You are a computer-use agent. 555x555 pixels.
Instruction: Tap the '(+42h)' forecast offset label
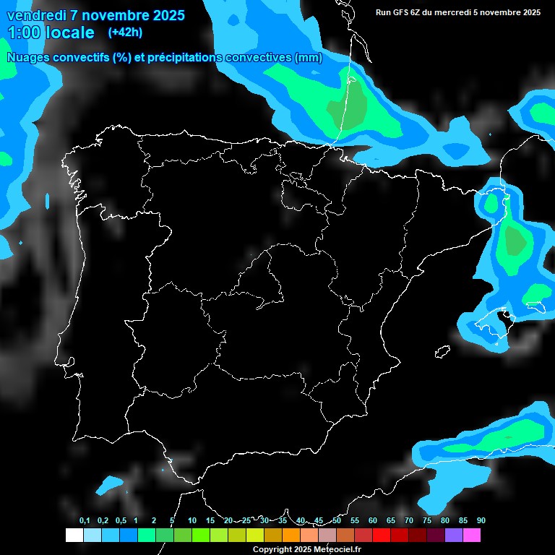[x=125, y=32]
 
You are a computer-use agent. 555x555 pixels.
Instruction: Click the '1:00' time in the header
[x=25, y=33]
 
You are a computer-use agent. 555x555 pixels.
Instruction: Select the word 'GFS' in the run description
[x=403, y=12]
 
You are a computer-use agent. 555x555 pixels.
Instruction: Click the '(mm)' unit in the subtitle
[x=309, y=58]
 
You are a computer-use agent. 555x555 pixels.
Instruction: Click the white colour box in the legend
[x=74, y=535]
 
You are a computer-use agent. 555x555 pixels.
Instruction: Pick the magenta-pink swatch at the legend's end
[x=472, y=535]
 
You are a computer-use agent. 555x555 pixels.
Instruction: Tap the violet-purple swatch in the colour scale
[x=454, y=535]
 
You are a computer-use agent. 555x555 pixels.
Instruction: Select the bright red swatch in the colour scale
[x=382, y=535]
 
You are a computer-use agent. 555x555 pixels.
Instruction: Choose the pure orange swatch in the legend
[x=291, y=535]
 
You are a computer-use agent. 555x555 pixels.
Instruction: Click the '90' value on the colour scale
[x=481, y=520]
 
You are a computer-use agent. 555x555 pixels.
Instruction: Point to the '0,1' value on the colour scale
[x=85, y=520]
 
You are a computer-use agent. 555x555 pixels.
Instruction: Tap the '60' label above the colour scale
[x=372, y=520]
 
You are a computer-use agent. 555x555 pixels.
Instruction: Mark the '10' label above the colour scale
[x=192, y=520]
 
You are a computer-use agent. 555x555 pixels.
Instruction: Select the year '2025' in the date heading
[x=165, y=15]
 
